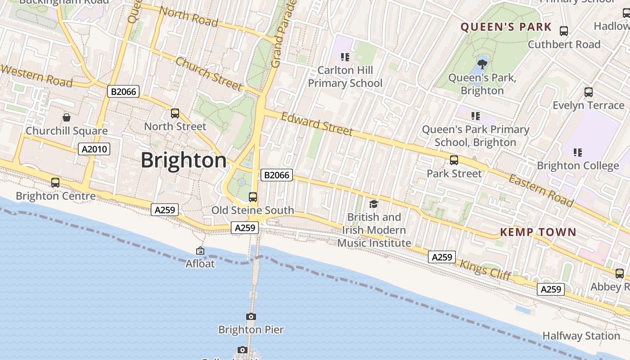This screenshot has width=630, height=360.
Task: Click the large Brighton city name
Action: click(184, 161)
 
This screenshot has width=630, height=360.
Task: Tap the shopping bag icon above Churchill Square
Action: click(67, 117)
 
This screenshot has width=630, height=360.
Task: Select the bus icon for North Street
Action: click(175, 113)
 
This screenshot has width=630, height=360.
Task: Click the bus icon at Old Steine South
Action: click(253, 197)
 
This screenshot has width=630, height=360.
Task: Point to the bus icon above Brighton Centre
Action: click(55, 183)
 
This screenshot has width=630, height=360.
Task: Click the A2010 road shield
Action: click(94, 149)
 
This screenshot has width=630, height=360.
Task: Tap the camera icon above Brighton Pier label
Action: click(251, 317)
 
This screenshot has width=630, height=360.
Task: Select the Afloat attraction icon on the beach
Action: click(200, 251)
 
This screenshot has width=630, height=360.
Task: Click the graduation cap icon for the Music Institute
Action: click(374, 204)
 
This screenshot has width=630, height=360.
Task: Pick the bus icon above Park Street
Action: click(454, 160)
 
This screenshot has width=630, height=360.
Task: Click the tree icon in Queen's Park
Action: click(482, 63)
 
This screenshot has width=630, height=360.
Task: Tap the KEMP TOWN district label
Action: click(538, 232)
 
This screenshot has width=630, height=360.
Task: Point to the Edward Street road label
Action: click(317, 124)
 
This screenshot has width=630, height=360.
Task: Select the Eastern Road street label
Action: click(541, 190)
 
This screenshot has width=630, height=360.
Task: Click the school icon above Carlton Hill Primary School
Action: click(345, 57)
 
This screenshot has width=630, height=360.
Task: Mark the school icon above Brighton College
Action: click(578, 153)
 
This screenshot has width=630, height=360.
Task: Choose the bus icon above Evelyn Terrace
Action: click(588, 92)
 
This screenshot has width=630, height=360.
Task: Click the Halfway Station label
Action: click(581, 336)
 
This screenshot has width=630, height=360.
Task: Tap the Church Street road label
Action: click(209, 74)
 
